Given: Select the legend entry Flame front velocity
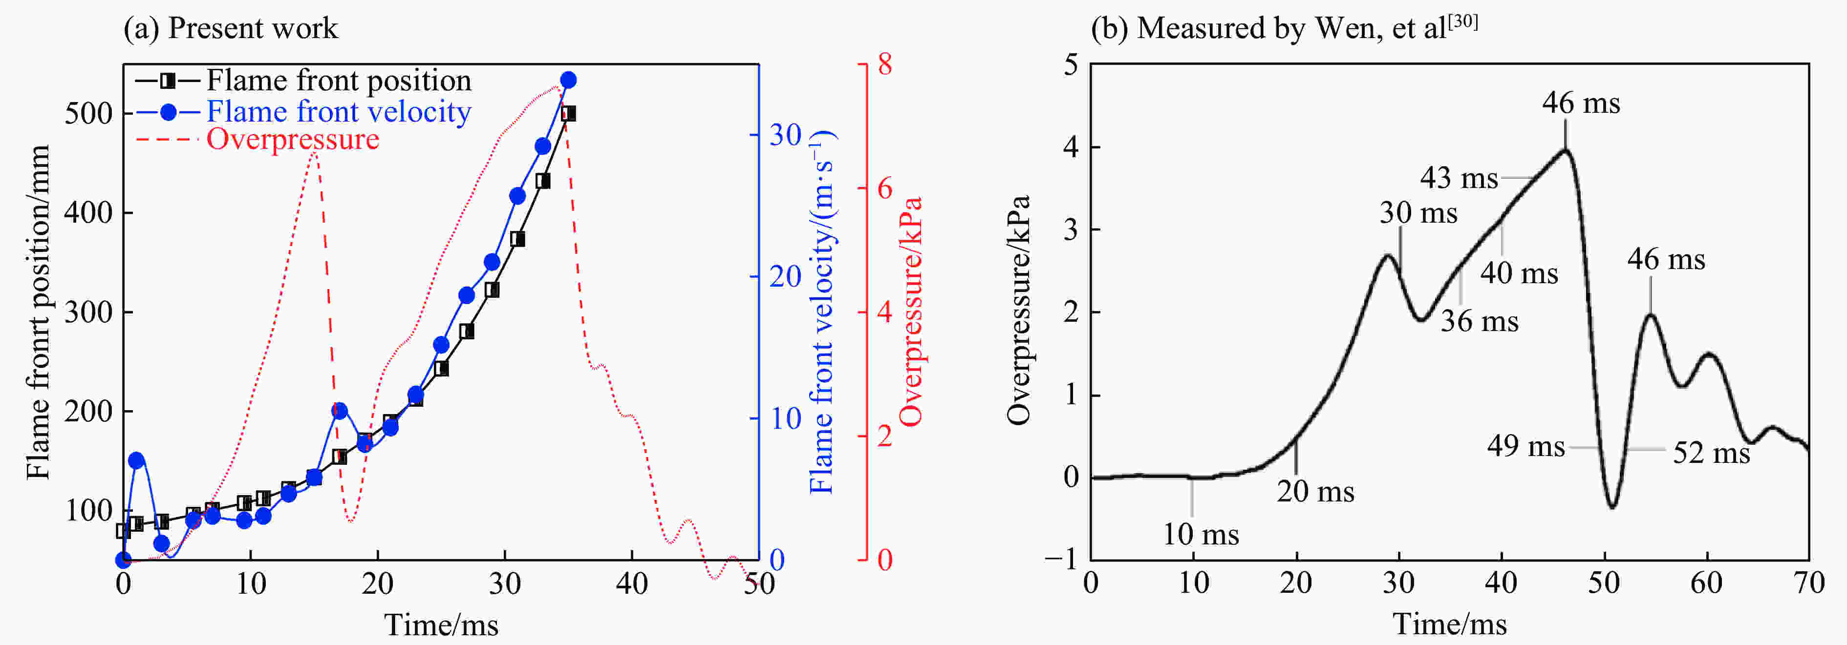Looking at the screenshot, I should tap(339, 112).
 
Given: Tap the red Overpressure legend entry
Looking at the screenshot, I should tap(293, 139).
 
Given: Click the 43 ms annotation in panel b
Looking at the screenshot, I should tap(1459, 178).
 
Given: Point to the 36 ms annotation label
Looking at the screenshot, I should tap(1479, 321).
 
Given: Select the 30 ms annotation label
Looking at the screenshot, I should tap(1418, 213).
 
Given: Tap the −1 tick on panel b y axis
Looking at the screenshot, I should tap(1061, 560).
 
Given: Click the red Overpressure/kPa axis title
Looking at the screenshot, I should tap(911, 312).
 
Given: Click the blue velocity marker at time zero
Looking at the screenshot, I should tap(123, 560).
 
